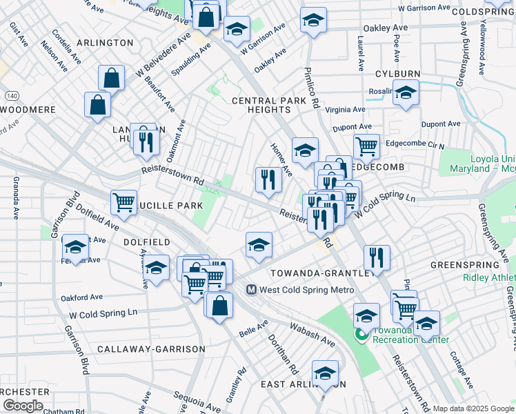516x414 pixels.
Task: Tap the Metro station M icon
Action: point(252,290)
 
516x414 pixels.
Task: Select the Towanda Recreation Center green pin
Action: point(360,335)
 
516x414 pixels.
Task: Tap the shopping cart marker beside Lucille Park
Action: point(123,201)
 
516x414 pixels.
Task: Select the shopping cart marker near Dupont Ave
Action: point(366,145)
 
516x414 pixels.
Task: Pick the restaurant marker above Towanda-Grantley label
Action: point(376,257)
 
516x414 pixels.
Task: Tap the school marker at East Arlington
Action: point(324,373)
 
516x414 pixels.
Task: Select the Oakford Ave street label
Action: point(81,297)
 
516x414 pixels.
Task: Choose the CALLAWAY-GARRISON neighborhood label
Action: point(151,349)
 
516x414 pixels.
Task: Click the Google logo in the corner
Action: point(23,406)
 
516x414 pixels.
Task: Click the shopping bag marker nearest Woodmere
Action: point(97,105)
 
